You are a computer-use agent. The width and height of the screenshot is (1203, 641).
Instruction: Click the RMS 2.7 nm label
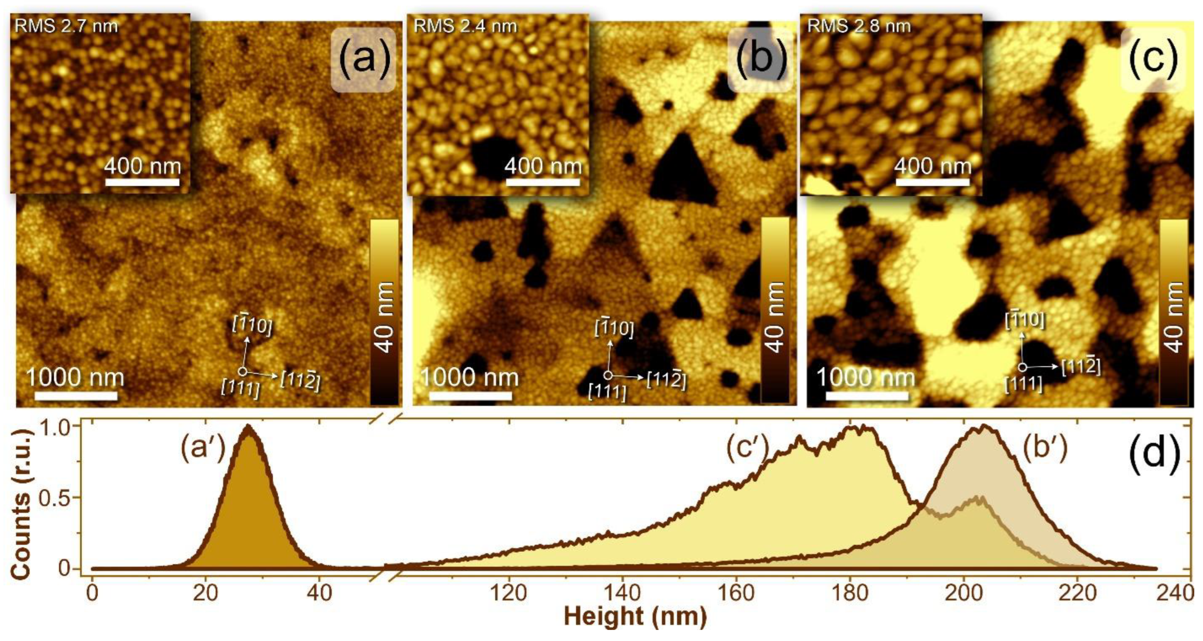click(66, 26)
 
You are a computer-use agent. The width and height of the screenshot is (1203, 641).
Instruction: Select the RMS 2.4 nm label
click(465, 26)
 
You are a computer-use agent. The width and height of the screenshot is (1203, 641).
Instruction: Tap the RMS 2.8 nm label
click(859, 26)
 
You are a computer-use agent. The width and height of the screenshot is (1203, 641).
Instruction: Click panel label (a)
click(363, 59)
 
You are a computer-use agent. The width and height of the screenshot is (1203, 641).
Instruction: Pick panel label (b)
click(761, 59)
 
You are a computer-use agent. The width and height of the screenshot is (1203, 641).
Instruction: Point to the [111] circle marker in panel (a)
click(242, 372)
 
